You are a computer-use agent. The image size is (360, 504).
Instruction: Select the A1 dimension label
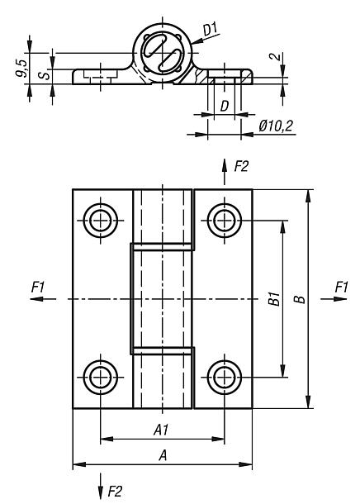pyautogui.click(x=162, y=428)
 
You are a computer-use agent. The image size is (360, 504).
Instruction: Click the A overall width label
pyautogui.click(x=162, y=454)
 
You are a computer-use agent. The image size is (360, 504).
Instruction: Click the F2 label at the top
pyautogui.click(x=241, y=167)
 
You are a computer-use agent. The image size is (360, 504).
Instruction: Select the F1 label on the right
pyautogui.click(x=341, y=286)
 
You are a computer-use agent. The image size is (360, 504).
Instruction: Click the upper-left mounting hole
pyautogui.click(x=101, y=220)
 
